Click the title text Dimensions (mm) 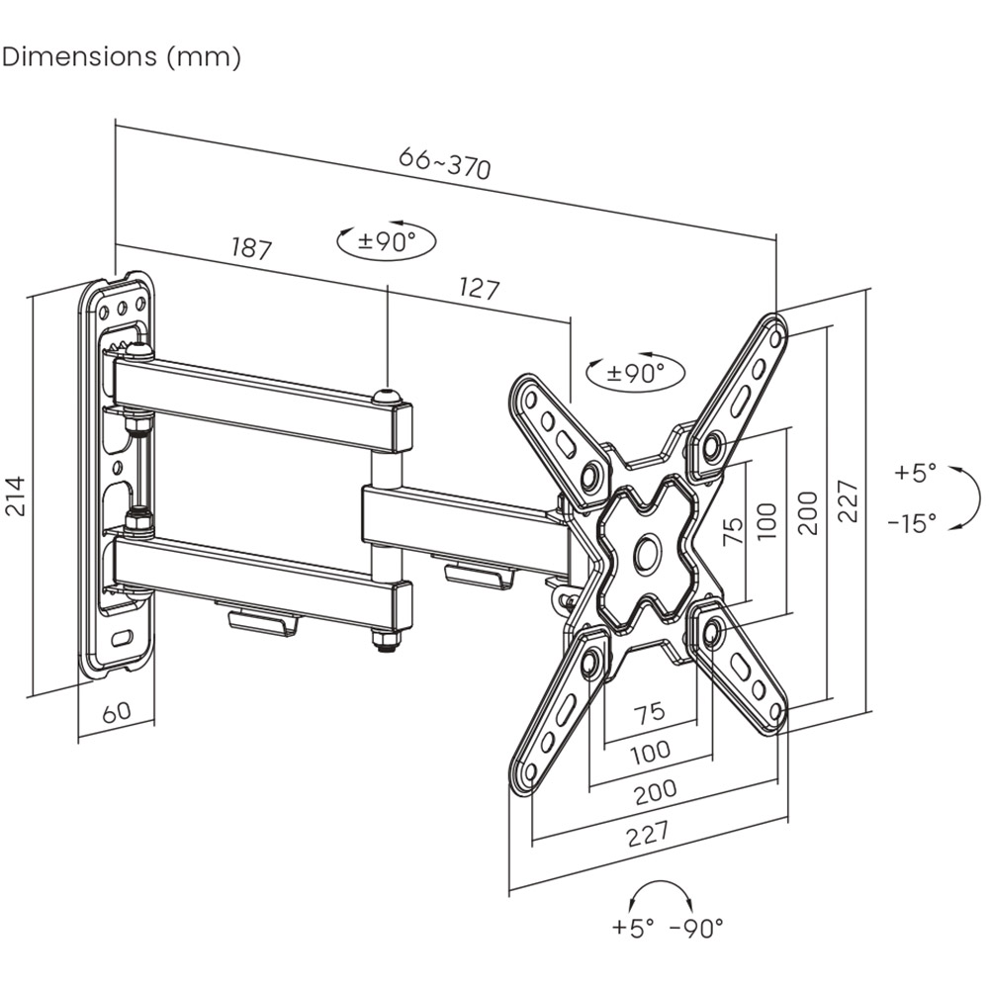click(x=122, y=56)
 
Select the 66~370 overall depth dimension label click(x=444, y=163)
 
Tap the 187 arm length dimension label click(x=251, y=247)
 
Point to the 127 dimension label click(x=480, y=289)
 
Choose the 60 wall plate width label click(x=117, y=711)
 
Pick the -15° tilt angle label click(x=911, y=523)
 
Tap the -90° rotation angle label click(x=697, y=927)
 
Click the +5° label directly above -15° click(x=914, y=473)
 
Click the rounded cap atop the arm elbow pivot click(x=387, y=397)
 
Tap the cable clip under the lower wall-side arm click(x=263, y=622)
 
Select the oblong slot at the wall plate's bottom click(x=126, y=638)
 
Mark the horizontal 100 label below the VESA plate click(x=649, y=752)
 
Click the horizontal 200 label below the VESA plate click(x=656, y=789)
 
